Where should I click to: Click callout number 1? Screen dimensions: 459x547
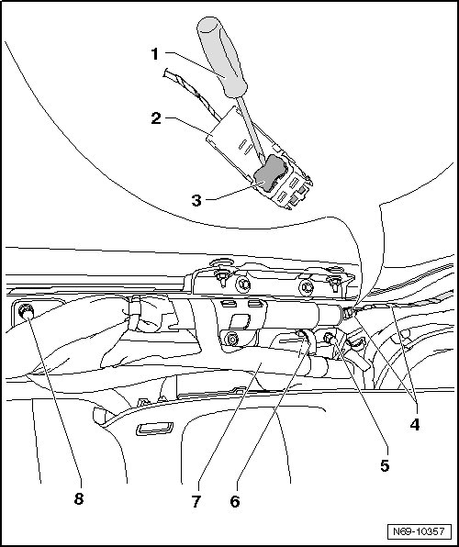155,54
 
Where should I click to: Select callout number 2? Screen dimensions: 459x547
156,118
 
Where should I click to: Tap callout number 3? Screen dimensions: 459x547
196,201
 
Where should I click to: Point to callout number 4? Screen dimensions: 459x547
414,425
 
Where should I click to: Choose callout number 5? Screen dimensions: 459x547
385,465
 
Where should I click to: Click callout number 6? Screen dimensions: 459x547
235,501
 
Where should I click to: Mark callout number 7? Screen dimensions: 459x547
196,501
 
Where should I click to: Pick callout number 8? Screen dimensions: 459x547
79,499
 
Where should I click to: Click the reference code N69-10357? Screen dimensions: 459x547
419,531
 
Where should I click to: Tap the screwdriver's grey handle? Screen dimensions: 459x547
222,57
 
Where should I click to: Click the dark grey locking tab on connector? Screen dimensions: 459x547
269,173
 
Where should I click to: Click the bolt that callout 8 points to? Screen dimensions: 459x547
27,311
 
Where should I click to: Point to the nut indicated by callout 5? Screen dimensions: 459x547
330,338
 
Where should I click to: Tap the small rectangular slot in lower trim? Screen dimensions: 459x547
154,429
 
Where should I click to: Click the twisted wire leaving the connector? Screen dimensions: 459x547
192,93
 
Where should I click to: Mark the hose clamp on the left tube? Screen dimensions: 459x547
135,312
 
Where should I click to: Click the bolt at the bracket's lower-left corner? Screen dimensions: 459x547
231,339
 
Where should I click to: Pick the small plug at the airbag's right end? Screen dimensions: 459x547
347,313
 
